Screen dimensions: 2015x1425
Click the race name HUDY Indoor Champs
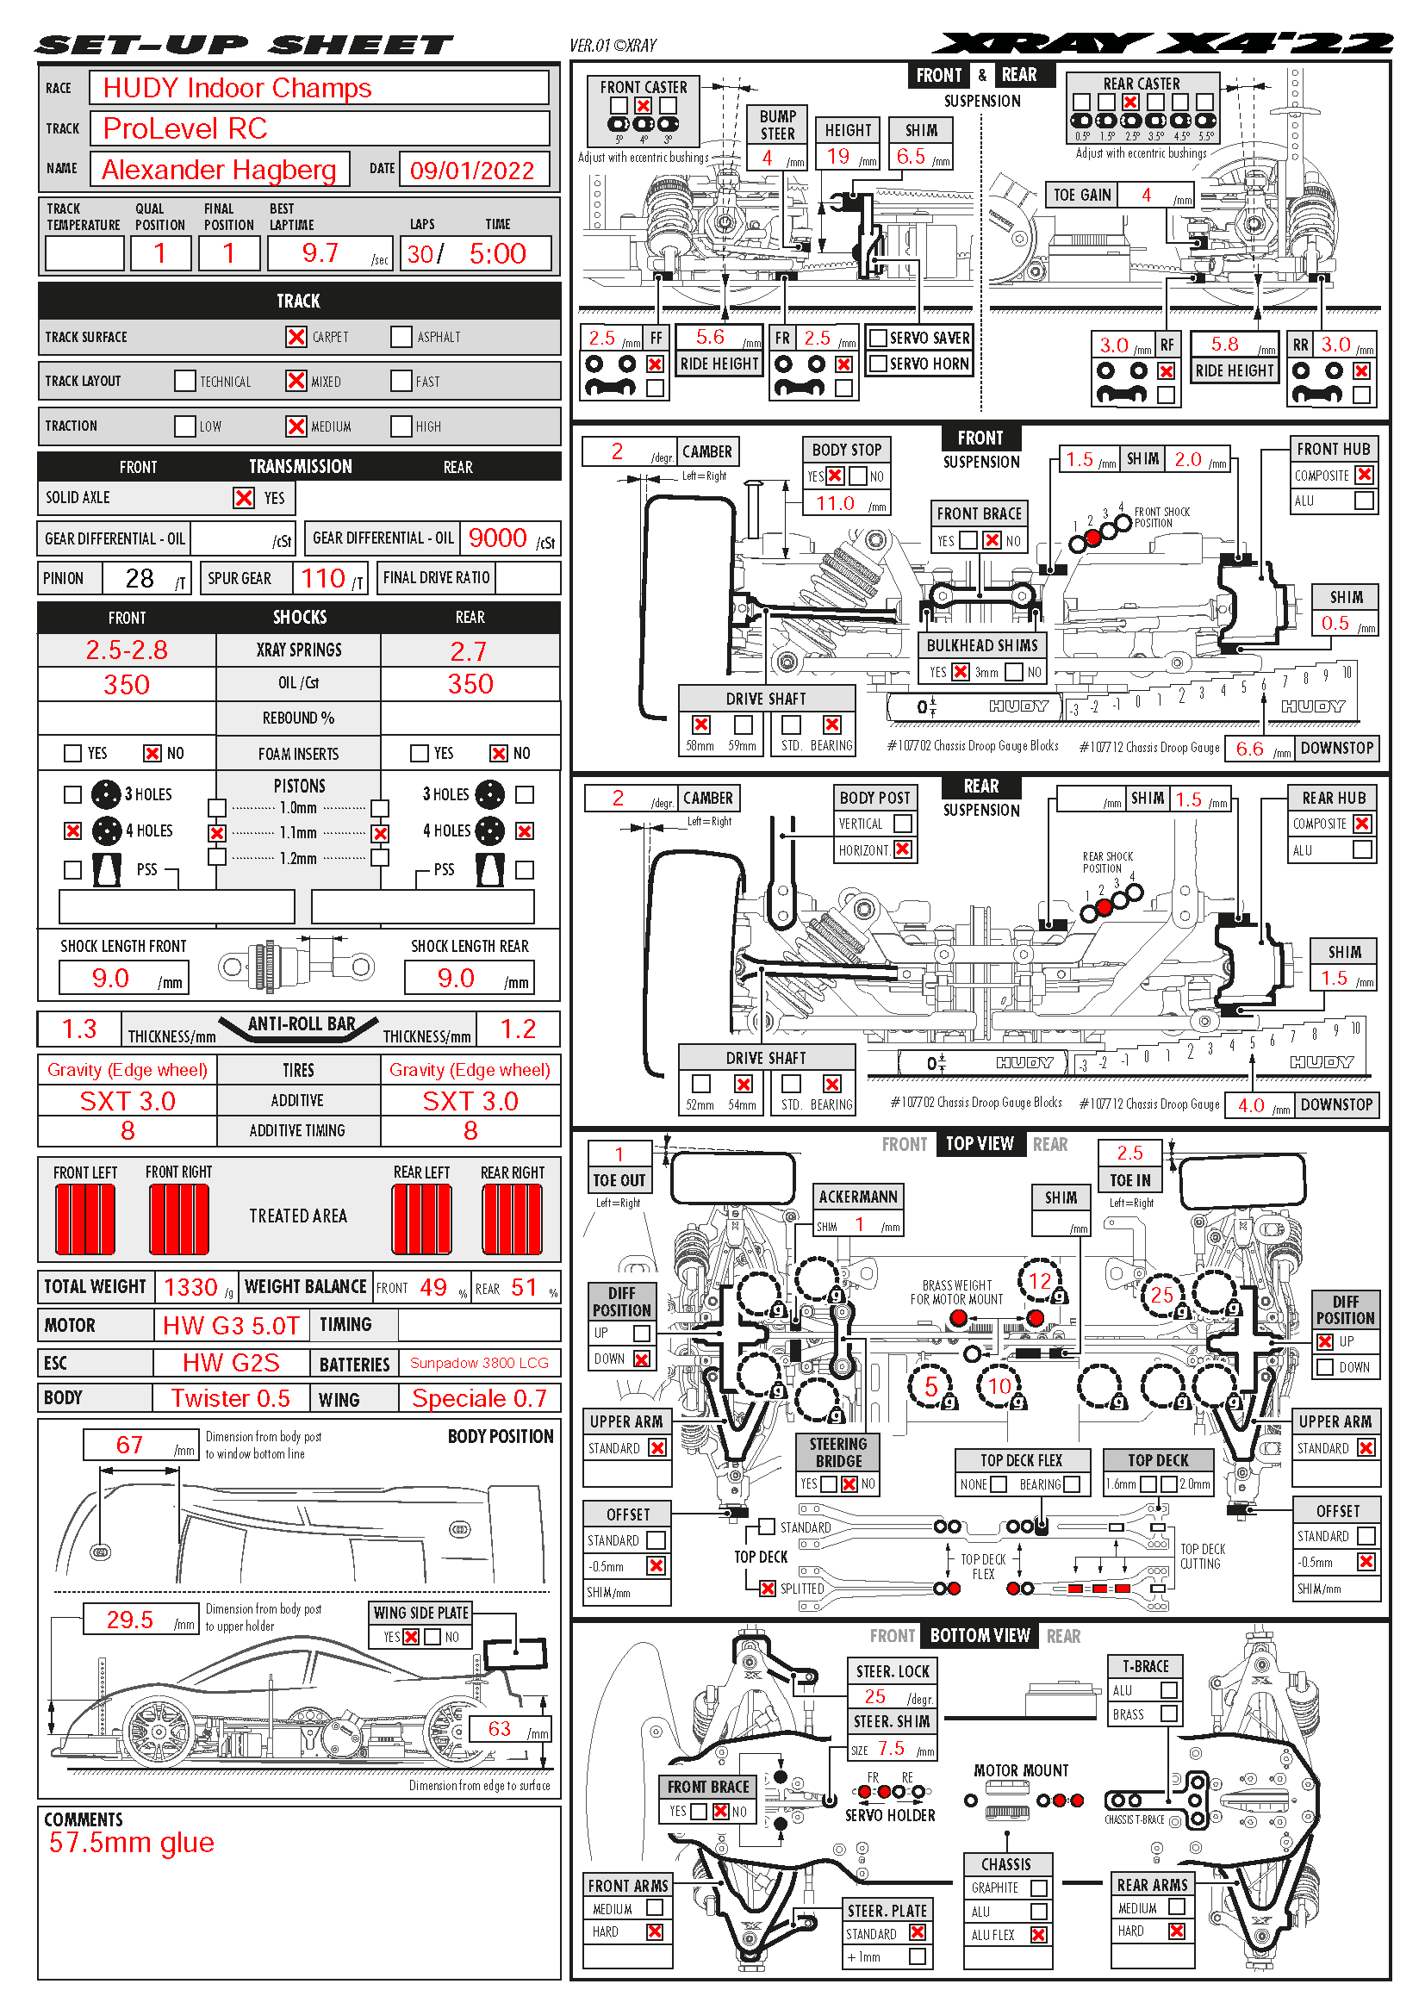click(237, 89)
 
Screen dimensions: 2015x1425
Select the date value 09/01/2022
click(471, 171)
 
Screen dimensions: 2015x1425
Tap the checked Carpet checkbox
click(296, 337)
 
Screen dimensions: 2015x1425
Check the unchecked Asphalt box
click(401, 337)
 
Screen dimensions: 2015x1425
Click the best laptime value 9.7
click(320, 253)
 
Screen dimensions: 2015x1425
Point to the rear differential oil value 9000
click(497, 538)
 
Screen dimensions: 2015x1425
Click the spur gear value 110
click(323, 578)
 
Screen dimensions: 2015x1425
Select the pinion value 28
click(140, 578)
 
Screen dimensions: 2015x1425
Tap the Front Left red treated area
click(85, 1219)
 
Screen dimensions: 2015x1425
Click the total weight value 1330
click(190, 1287)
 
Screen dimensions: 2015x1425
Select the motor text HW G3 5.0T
click(232, 1325)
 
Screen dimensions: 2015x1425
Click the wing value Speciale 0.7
click(479, 1398)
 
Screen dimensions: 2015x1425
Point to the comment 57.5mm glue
click(132, 1843)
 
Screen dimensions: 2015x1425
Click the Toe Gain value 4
click(1146, 195)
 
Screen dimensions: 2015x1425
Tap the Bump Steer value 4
click(767, 158)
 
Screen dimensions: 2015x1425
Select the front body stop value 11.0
click(835, 504)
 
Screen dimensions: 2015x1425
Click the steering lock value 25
click(874, 1696)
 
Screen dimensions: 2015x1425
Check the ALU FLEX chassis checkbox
click(1039, 1934)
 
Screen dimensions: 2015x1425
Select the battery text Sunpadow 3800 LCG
click(479, 1363)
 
